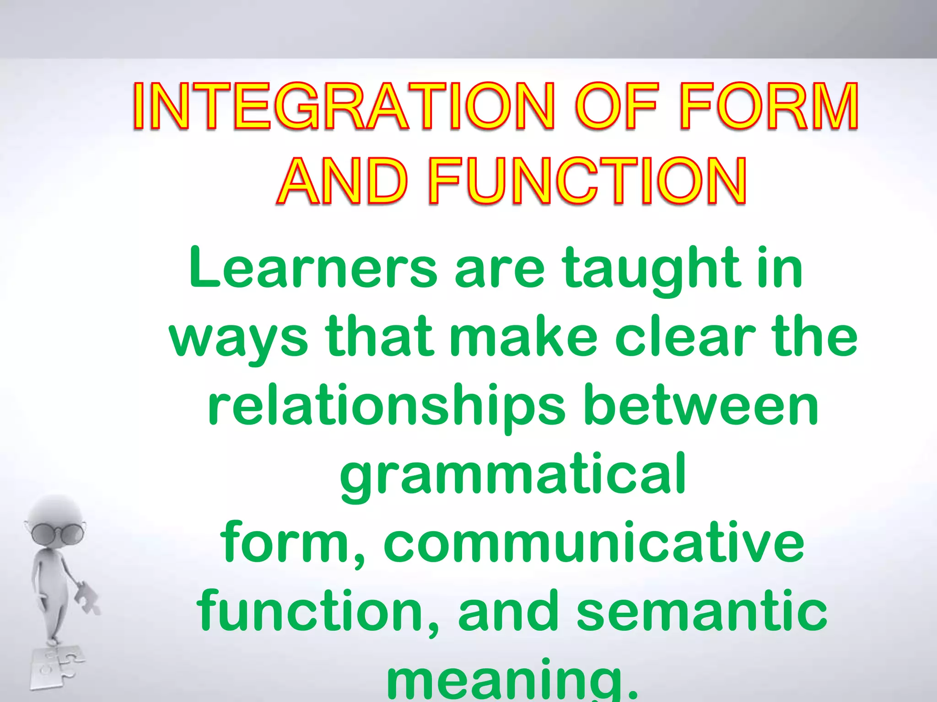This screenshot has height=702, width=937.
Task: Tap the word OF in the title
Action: (617, 106)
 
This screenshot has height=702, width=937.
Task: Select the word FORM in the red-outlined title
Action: (769, 106)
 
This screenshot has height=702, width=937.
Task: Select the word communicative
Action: (594, 544)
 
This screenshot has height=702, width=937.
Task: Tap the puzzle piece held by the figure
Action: (88, 597)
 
